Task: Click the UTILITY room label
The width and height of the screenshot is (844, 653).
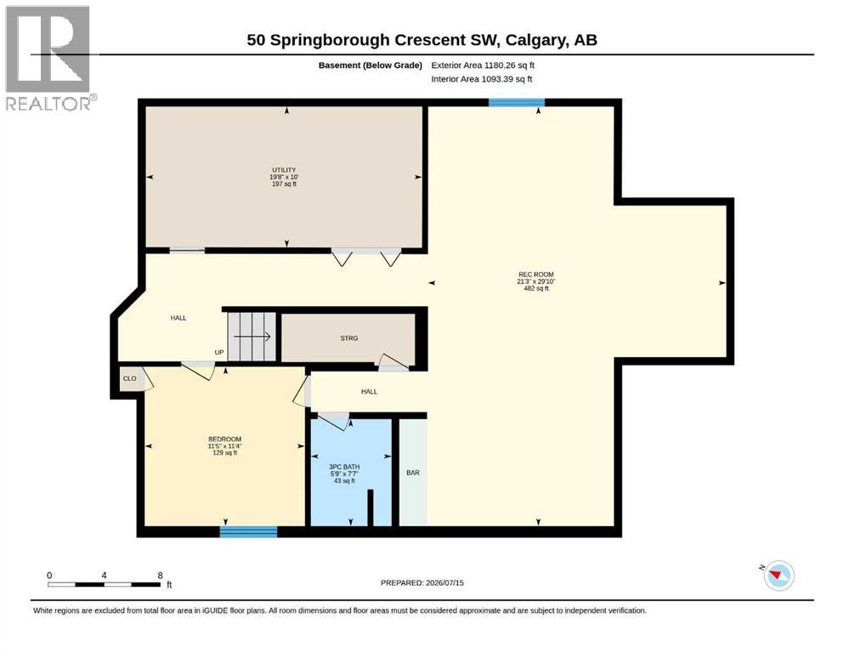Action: point(284,170)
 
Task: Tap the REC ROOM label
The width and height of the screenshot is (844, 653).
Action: point(536,275)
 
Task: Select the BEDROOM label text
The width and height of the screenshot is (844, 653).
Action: point(225,440)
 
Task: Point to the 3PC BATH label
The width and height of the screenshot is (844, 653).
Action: point(344,467)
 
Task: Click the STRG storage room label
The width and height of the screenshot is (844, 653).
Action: point(348,338)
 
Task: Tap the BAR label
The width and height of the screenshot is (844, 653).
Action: point(413,473)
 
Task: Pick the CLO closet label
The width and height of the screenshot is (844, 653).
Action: point(130,378)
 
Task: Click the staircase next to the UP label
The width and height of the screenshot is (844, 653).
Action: point(252,337)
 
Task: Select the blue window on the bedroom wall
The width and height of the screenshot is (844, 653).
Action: point(249,532)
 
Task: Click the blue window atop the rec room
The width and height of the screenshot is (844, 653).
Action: point(517,102)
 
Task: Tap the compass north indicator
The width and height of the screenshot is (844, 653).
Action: point(777,575)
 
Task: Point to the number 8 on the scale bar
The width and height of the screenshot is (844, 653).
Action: point(160,576)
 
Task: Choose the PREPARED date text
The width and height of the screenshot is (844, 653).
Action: point(422,583)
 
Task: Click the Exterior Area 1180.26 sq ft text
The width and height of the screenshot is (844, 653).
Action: point(483,65)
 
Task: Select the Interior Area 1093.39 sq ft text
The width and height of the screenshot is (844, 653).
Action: point(482,79)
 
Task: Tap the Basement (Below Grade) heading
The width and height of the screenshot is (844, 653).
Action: point(371,65)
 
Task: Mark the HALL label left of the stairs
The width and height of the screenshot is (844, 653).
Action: point(178,318)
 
